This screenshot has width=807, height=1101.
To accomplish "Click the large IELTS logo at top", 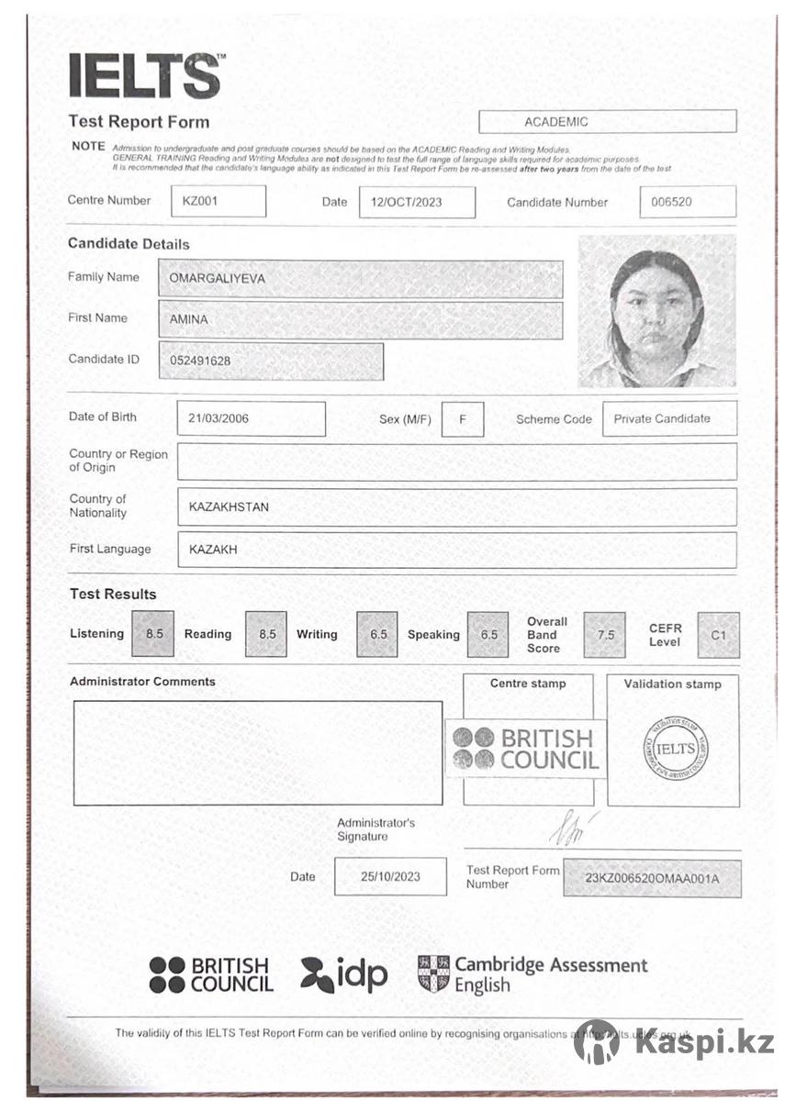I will pos(144,76).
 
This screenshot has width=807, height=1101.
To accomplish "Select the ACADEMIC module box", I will pos(607,121).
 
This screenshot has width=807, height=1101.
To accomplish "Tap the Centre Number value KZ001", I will pos(219,202).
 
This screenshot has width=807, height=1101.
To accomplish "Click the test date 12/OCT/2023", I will pos(416,203).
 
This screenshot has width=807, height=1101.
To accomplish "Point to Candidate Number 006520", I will pos(687,202).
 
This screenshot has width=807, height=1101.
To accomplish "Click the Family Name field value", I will pos(360,279).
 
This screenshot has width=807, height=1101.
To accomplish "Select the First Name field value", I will pos(360,320).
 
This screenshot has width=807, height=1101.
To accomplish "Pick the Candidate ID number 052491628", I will pos(271,361).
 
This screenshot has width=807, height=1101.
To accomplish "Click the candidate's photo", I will pos(656,311).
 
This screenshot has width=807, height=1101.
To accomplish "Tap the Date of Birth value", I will pos(251,419).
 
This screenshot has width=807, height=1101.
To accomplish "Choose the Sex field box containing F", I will pos(463,419).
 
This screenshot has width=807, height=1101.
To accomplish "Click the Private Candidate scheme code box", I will pos(669,419).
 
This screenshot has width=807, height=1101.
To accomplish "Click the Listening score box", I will pos(153,634).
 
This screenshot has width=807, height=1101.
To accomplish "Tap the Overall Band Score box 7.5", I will pos(604,635).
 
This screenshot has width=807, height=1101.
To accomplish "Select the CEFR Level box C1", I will pos(718,635).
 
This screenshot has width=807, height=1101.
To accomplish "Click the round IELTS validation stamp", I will pos(675,749).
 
